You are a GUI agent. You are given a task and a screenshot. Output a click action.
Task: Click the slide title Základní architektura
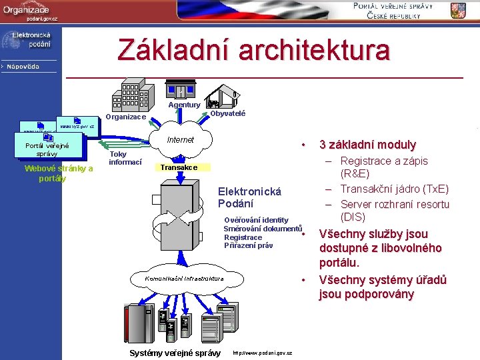[x=253, y=51]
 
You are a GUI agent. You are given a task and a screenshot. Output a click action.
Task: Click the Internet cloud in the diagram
[x=180, y=140]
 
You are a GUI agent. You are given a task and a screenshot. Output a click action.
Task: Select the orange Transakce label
[x=179, y=167]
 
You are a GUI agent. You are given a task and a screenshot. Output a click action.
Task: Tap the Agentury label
[x=184, y=105]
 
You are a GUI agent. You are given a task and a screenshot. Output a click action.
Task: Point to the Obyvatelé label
[x=227, y=113]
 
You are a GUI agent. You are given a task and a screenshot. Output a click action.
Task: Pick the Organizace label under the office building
[x=126, y=117]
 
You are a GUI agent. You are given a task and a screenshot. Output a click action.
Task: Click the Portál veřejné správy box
[x=47, y=149]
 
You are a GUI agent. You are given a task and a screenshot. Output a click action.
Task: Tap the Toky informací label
[x=125, y=158]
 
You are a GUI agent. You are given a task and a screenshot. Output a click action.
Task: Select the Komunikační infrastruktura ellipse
[x=185, y=277]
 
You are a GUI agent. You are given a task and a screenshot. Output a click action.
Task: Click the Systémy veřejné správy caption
[x=175, y=353]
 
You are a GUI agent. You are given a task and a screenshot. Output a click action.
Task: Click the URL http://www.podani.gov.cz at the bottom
[x=262, y=353]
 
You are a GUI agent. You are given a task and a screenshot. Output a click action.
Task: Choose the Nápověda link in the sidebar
[x=23, y=66]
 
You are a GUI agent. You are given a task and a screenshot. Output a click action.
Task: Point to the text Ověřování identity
[x=257, y=220]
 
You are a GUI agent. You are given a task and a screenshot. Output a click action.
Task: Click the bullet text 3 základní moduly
[x=367, y=145]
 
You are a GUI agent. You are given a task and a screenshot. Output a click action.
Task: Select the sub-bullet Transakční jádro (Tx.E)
[x=394, y=189]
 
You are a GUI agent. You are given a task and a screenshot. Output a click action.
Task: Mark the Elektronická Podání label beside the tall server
[x=249, y=197]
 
